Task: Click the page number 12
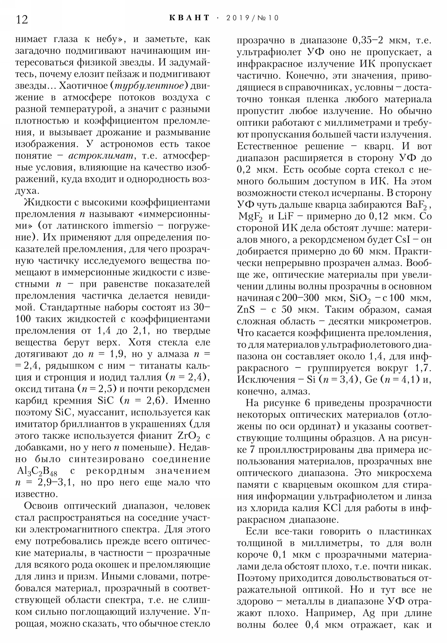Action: pos(22,19)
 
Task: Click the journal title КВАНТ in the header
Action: pos(189,18)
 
